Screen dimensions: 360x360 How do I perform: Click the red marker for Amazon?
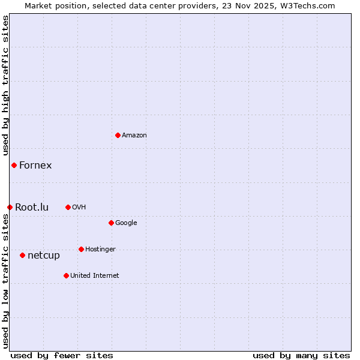[118, 135]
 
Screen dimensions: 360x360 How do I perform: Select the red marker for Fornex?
[14, 165]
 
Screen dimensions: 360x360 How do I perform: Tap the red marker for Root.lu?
[10, 207]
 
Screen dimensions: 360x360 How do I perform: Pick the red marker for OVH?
[68, 207]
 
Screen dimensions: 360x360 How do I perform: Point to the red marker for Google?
[111, 223]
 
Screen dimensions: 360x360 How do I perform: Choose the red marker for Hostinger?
[81, 249]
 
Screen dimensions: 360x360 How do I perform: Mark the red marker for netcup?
[22, 255]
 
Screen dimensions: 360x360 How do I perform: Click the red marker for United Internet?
[66, 275]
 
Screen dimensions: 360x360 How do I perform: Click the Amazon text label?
[134, 135]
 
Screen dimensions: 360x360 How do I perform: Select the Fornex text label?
[35, 165]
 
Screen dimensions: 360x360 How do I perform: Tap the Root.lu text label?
[32, 207]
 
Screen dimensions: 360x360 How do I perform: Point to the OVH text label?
[79, 207]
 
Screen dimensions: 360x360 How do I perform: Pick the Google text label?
[126, 223]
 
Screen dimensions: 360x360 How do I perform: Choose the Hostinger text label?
[100, 249]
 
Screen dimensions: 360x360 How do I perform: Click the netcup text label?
[44, 255]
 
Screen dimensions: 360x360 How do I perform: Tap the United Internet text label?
[95, 275]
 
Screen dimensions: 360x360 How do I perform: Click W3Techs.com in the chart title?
[308, 5]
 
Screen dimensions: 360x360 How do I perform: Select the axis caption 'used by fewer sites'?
[62, 355]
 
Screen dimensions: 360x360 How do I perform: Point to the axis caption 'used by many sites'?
[301, 355]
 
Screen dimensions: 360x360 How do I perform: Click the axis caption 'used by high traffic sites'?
[5, 85]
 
